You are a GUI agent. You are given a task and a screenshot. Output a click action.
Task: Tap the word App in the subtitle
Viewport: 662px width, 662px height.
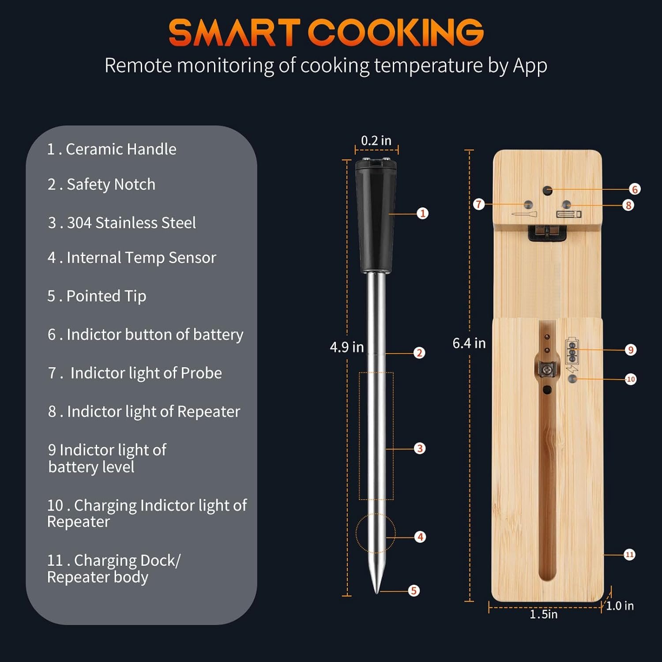pos(530,66)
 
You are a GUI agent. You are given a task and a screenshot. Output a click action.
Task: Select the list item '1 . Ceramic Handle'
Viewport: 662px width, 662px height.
pos(112,149)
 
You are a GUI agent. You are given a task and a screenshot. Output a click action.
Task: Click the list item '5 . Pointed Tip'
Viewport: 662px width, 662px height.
pos(97,296)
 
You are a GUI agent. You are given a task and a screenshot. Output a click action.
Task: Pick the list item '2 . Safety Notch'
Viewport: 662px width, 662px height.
pos(102,184)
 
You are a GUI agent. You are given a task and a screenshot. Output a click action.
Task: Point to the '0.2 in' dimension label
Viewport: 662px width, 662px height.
pos(376,141)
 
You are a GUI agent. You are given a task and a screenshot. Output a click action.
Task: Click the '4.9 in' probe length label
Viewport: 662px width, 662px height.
pos(347,347)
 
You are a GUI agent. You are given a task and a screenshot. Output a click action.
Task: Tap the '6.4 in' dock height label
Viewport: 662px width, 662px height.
pos(469,343)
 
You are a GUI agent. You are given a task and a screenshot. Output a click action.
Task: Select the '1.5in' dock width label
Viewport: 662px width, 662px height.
pos(544,614)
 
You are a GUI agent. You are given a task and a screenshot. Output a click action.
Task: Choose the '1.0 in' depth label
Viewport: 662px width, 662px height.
pos(620,606)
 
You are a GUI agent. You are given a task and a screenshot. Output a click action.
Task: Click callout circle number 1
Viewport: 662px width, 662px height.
pos(423,214)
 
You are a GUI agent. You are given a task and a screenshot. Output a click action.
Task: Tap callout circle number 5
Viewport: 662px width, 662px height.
pos(414,591)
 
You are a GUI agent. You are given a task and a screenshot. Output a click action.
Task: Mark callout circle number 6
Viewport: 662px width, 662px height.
pos(635,189)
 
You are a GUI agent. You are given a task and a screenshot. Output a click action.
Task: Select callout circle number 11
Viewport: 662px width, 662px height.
pos(629,555)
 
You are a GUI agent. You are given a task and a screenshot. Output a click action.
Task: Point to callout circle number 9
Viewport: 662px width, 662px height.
pos(631,350)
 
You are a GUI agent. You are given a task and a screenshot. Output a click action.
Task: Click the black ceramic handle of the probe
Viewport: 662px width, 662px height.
pos(376,216)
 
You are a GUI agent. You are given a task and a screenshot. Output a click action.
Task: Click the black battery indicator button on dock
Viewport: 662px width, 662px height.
pos(548,191)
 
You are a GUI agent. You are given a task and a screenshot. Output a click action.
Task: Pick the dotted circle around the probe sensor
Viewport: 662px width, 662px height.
pos(357,533)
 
